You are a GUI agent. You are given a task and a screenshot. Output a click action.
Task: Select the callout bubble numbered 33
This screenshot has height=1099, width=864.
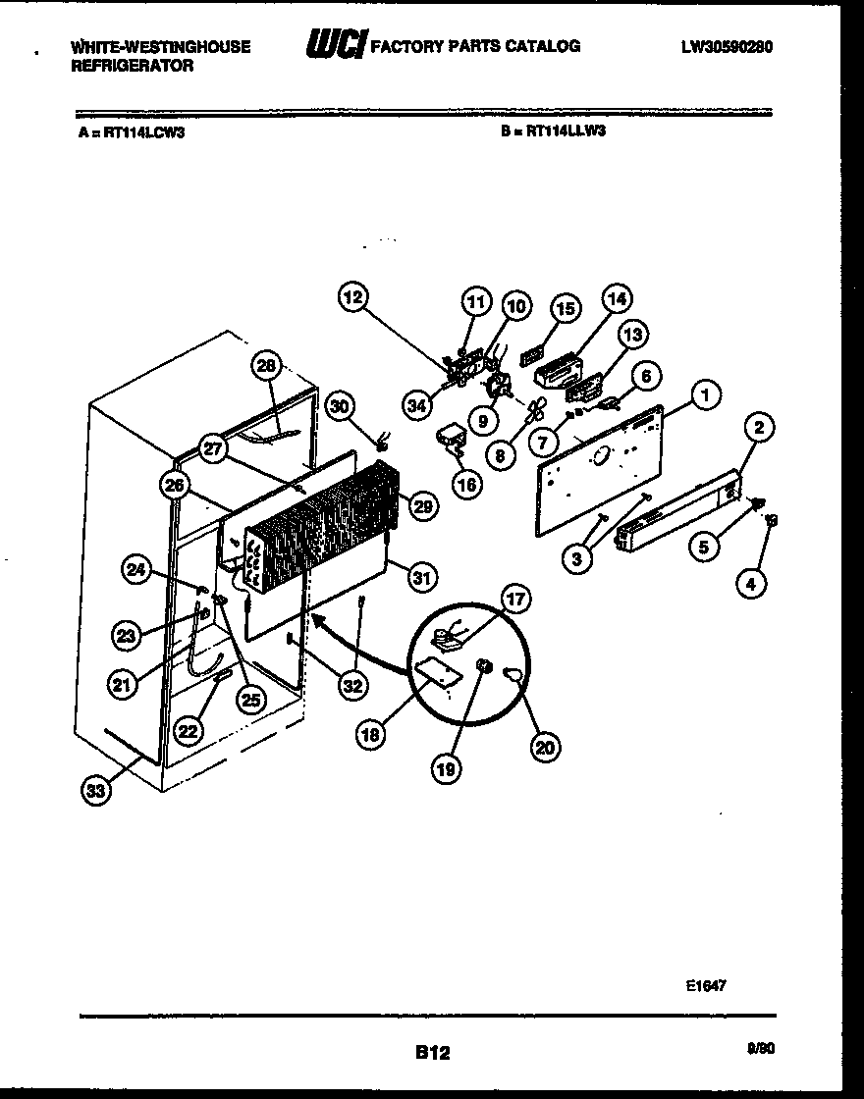click(94, 792)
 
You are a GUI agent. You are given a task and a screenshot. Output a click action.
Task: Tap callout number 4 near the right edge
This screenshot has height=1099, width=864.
click(751, 584)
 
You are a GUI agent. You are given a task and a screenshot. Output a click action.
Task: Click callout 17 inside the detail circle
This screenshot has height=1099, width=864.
click(514, 598)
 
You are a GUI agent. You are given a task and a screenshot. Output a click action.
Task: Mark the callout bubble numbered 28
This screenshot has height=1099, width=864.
click(265, 367)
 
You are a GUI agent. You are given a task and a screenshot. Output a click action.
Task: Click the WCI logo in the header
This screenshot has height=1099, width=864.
click(336, 44)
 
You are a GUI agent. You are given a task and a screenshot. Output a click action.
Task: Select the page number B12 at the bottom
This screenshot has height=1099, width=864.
click(432, 1053)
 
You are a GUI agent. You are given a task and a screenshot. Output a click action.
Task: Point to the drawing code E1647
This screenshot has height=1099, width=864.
click(707, 986)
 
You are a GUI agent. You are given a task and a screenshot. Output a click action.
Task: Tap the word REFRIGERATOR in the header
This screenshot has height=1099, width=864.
click(133, 66)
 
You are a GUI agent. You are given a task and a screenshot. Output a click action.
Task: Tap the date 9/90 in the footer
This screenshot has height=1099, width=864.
click(761, 1048)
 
